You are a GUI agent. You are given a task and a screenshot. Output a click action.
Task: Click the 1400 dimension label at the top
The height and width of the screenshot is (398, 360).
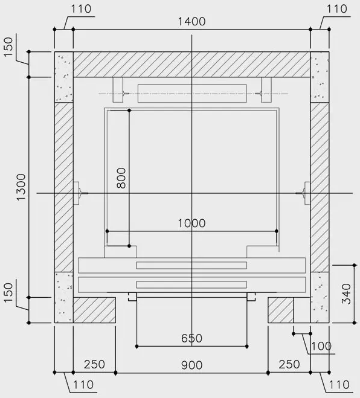(191, 21)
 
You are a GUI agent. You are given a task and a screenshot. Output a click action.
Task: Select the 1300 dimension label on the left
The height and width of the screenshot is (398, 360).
(21, 187)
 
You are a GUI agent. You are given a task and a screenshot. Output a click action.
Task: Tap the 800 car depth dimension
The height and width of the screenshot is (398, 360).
(121, 178)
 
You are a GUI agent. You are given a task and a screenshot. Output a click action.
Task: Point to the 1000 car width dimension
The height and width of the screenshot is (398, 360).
(191, 223)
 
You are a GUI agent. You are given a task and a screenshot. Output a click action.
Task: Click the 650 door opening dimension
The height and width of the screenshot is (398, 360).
(191, 338)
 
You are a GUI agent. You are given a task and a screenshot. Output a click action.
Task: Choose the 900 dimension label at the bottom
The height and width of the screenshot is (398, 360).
(191, 365)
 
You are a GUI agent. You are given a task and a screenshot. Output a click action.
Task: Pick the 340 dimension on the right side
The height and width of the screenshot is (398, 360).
(346, 294)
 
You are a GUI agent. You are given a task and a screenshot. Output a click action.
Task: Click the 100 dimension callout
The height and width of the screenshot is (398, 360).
(321, 346)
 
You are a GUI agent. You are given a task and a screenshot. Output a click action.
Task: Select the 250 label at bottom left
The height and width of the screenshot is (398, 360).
(94, 365)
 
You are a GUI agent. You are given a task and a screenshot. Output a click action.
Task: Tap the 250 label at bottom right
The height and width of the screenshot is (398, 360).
(289, 365)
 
